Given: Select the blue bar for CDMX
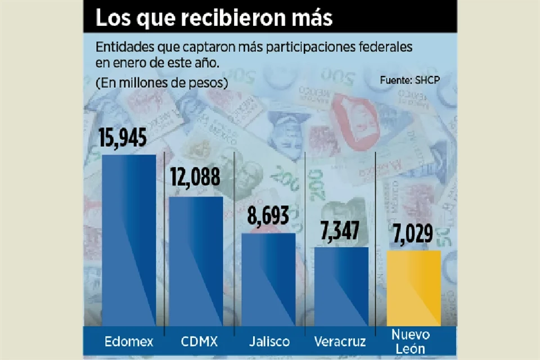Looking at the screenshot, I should point(196,261).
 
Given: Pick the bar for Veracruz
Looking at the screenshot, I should point(341,286).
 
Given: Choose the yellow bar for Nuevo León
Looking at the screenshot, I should point(413,288).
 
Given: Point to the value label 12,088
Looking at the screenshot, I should point(195,179).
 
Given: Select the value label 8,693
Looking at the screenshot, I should point(268,215).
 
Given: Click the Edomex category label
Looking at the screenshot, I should point(129,341).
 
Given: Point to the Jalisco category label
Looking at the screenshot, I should point(269,341).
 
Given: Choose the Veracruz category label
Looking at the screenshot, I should point(340,341).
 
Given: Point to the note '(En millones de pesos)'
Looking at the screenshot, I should point(161,83).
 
